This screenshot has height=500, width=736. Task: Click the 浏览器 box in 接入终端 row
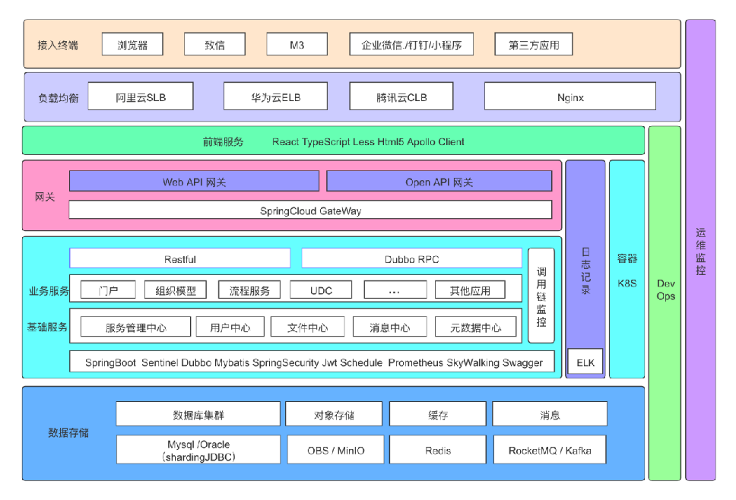coord(134,45)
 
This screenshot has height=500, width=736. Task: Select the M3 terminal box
coord(297,45)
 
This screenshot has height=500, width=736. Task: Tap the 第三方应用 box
coord(533,45)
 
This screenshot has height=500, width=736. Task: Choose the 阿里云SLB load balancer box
coord(141,97)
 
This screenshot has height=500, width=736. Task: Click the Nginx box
coord(569,97)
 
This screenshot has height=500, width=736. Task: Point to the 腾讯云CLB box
coord(401,97)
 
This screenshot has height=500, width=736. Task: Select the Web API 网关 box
coord(194,182)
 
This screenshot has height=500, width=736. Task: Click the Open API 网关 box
coord(439,182)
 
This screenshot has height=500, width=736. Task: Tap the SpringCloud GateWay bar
coord(310,210)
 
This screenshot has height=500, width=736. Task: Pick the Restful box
coord(179,259)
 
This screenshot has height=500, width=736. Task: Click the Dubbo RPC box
coord(411,259)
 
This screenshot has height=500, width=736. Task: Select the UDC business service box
coord(321,290)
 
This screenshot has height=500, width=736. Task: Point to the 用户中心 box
coord(230,328)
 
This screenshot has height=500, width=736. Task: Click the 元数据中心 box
coord(475,328)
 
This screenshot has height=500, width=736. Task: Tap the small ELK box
coord(585,362)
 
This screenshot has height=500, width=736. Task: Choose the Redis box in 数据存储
coord(438,450)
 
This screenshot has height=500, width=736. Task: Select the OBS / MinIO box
coord(335,450)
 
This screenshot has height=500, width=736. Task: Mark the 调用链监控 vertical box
coord(541,296)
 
